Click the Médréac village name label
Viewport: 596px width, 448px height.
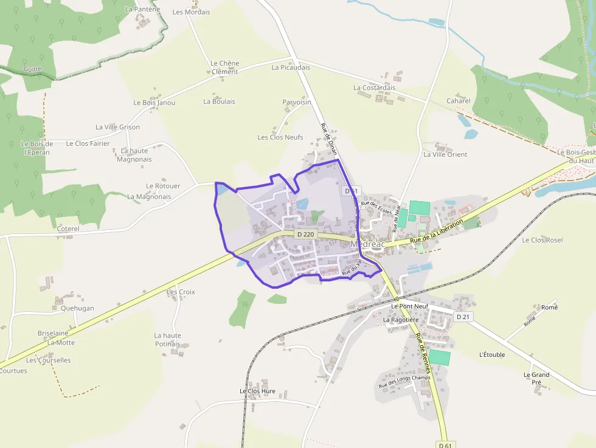[368, 244]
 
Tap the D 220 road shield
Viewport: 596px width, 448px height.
[307, 234]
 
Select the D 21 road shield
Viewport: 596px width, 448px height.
[463, 317]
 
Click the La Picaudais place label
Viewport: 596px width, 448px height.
[291, 67]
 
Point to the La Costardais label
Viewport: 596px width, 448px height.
[374, 88]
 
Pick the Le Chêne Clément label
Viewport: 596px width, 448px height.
[225, 67]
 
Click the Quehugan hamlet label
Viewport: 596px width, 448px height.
[77, 308]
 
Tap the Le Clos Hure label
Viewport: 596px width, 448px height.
[257, 391]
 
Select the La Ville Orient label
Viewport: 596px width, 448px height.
[445, 154]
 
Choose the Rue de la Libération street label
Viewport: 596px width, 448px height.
[437, 233]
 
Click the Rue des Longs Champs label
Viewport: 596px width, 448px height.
[404, 381]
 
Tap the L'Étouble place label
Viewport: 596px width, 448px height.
[492, 354]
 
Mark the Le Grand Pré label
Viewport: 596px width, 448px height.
[536, 378]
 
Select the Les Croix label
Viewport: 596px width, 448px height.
[181, 292]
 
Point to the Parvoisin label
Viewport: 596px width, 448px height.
[297, 102]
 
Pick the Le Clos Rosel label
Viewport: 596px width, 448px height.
[542, 240]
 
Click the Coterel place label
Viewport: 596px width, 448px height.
[68, 229]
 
